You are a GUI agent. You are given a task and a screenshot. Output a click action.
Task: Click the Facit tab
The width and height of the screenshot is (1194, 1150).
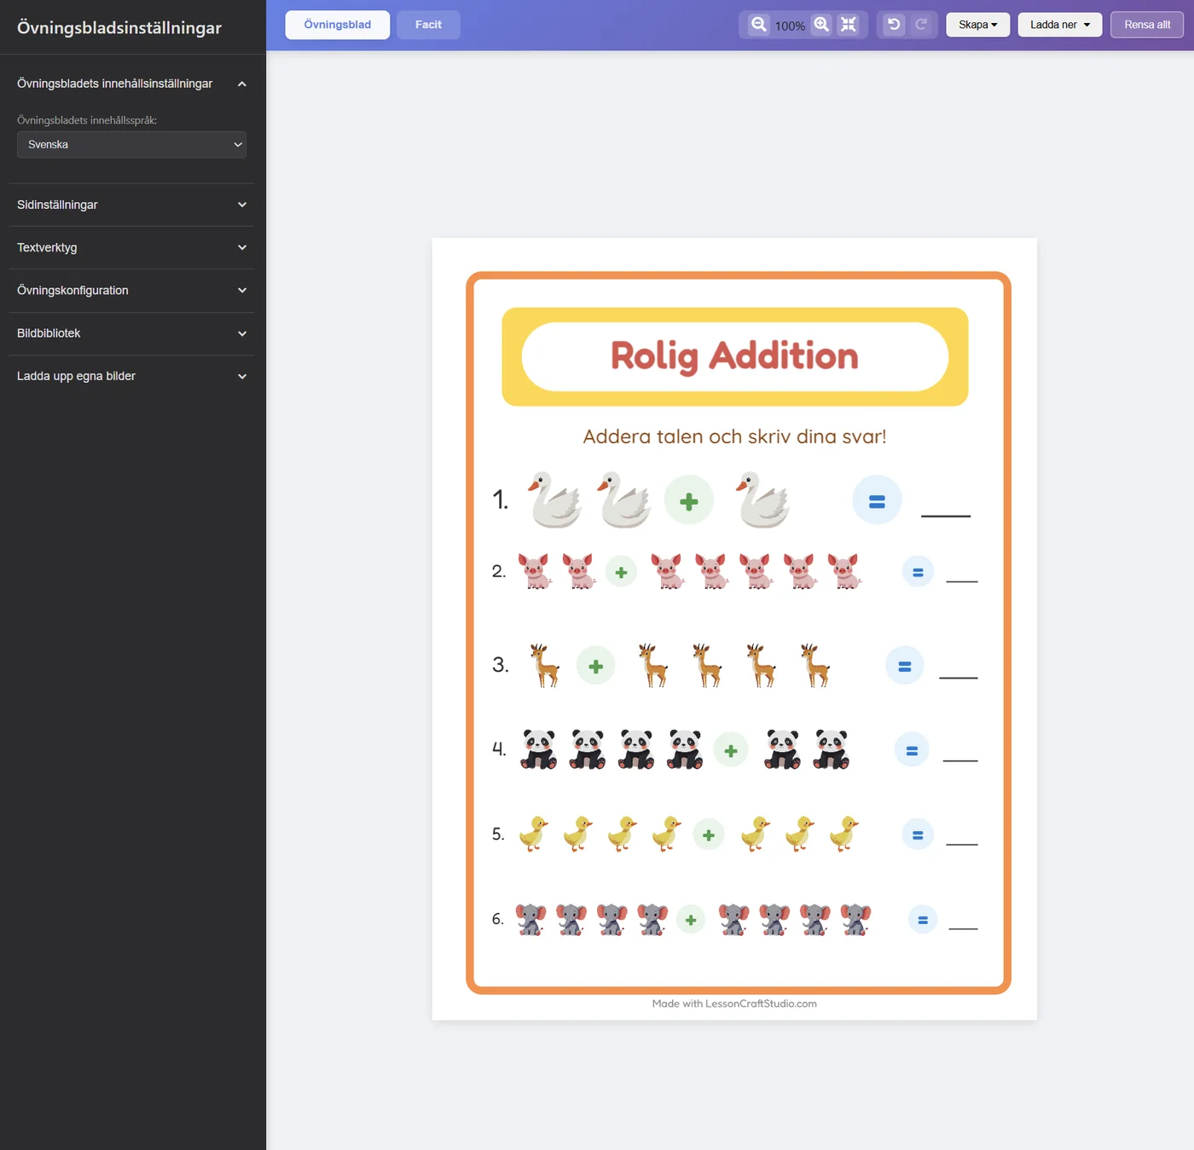click(427, 25)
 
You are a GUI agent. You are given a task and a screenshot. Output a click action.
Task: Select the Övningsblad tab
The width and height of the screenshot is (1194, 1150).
click(337, 25)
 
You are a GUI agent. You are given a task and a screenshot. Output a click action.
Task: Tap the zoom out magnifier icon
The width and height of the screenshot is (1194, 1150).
click(758, 25)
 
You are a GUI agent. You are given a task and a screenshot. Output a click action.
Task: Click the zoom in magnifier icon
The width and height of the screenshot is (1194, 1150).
click(821, 25)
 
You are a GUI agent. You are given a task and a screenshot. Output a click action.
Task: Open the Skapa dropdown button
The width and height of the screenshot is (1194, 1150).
click(977, 25)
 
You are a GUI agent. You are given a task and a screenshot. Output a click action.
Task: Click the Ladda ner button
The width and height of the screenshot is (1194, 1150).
click(1059, 25)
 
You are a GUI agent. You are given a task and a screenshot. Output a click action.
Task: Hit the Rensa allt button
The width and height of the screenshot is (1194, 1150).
click(1147, 25)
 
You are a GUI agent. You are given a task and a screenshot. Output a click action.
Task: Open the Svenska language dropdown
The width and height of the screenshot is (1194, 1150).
click(131, 145)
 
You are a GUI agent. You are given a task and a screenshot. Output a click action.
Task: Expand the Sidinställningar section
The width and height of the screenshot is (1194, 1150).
click(131, 205)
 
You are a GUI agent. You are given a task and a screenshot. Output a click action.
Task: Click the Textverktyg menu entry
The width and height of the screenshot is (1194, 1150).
click(131, 248)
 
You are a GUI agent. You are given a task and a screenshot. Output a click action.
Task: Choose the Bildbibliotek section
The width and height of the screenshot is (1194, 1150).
click(131, 333)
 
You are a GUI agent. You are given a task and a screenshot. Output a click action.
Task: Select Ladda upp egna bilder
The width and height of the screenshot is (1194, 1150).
click(131, 376)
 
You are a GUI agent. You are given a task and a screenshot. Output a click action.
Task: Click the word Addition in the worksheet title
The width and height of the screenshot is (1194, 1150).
click(783, 355)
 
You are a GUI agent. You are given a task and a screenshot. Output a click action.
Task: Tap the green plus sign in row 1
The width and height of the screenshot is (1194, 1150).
click(688, 500)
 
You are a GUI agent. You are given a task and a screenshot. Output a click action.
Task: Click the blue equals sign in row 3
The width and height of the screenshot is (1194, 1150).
click(904, 666)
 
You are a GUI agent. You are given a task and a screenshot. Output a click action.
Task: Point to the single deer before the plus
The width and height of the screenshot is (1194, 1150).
click(544, 666)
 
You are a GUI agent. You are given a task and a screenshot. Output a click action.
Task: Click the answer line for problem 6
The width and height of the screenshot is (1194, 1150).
click(963, 929)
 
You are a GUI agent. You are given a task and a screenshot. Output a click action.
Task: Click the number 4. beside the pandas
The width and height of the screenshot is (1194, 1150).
click(499, 748)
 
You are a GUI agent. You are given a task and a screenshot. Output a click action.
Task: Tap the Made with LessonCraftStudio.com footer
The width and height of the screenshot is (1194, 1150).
click(733, 1003)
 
